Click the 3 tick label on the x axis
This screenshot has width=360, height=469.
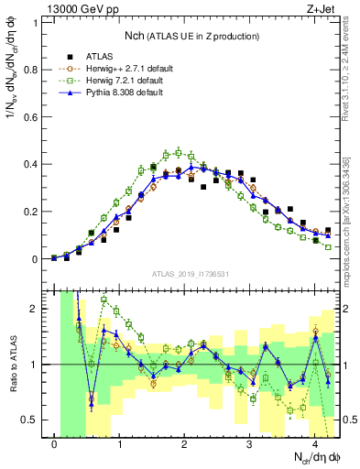click(x=250, y=445)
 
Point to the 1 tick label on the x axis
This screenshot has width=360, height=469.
click(x=120, y=445)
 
